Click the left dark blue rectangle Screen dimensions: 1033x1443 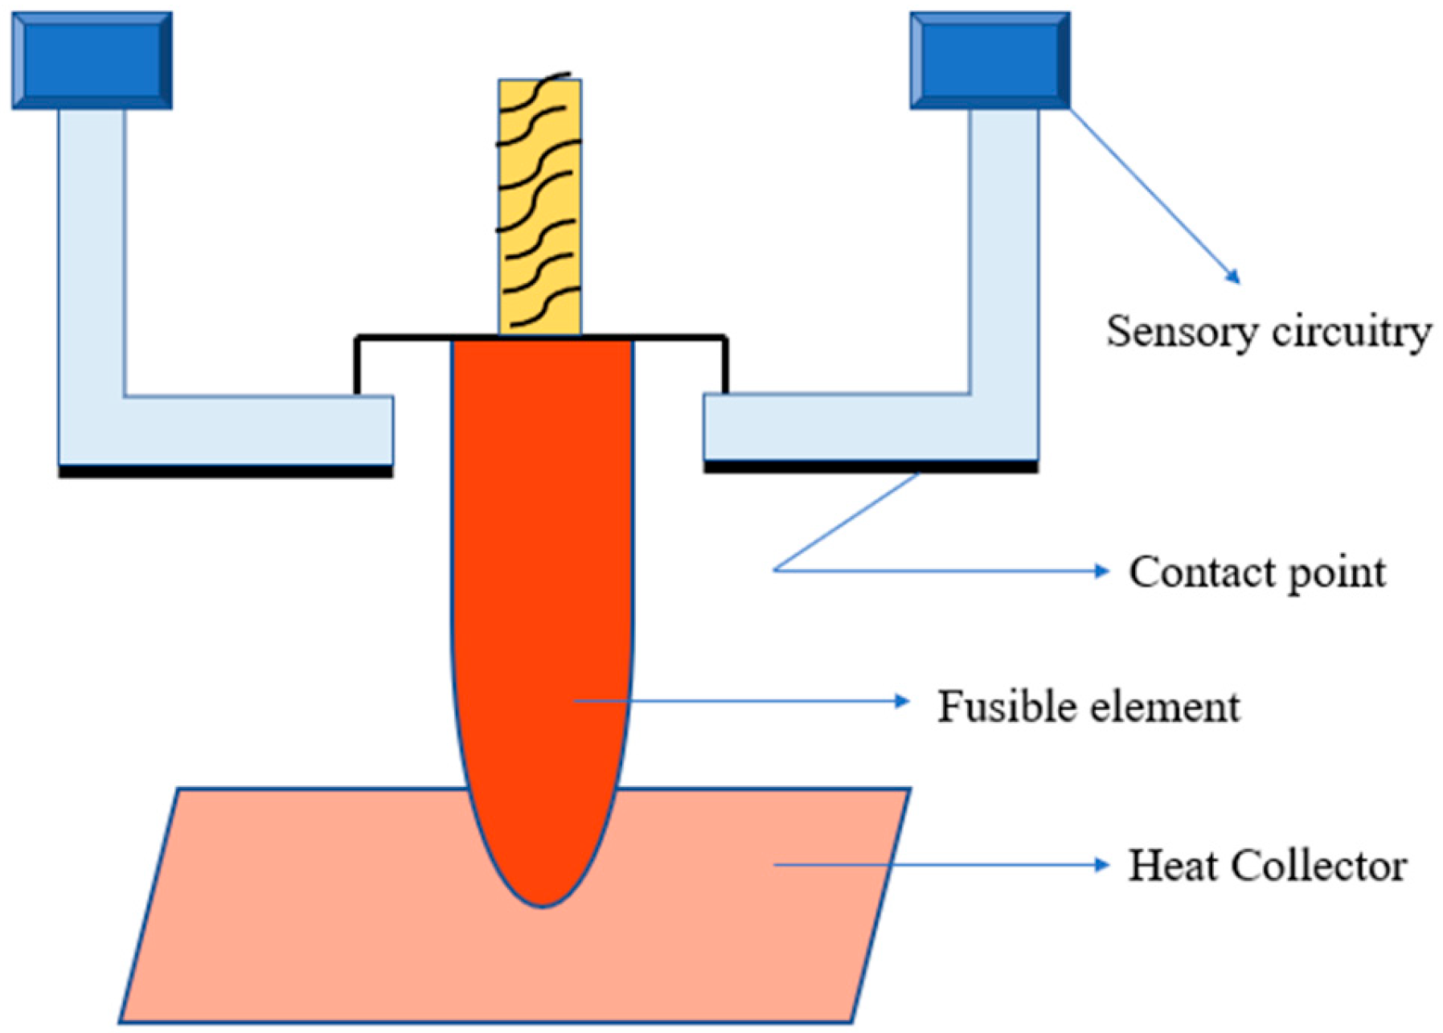tap(92, 60)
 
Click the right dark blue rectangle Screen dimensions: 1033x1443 tap(990, 60)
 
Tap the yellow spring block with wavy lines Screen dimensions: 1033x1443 tap(539, 207)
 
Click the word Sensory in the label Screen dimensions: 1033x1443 tap(1178, 332)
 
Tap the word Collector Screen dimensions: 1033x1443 tap(1318, 867)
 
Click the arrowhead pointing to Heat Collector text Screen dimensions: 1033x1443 tap(1102, 865)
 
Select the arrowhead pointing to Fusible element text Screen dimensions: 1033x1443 tap(902, 701)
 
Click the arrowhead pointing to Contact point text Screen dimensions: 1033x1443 tap(1102, 571)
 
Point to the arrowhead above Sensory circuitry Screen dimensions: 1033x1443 tap(1233, 277)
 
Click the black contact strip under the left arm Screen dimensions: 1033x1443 tap(225, 472)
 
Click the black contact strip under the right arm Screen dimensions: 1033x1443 tap(871, 466)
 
